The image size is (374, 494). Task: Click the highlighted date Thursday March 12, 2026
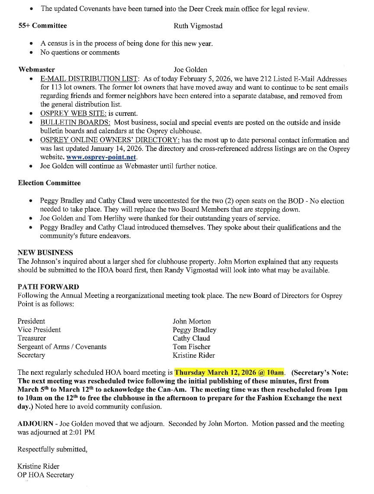click(x=229, y=372)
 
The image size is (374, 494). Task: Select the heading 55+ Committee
click(x=42, y=26)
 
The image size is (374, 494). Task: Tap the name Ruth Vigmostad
click(x=198, y=26)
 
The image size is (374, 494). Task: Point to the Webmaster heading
click(x=36, y=69)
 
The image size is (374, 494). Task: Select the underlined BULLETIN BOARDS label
click(x=75, y=123)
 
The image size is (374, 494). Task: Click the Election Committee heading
click(x=49, y=183)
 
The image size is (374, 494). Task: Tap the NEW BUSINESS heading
click(x=45, y=252)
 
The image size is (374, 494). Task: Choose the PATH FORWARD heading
click(x=48, y=287)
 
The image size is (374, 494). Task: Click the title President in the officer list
click(x=31, y=321)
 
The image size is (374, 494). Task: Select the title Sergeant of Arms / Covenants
click(x=62, y=347)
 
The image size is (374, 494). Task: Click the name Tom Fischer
click(x=191, y=347)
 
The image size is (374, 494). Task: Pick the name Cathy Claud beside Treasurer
click(x=191, y=338)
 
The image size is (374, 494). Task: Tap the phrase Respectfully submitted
click(x=52, y=449)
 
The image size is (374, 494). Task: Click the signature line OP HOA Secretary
click(x=45, y=475)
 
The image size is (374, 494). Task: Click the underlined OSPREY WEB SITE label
click(x=73, y=114)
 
